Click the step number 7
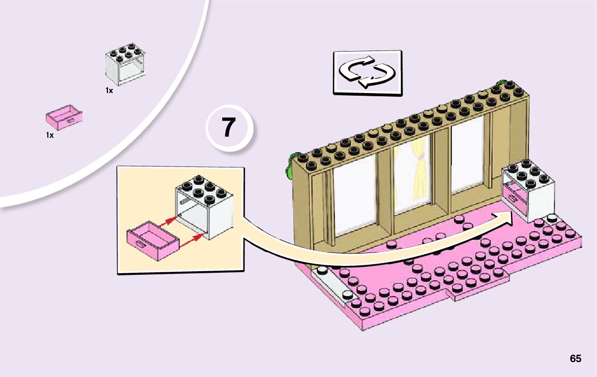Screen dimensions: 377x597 (x=228, y=129)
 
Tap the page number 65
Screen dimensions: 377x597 (x=575, y=358)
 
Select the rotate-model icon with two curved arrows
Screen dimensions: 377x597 (x=367, y=72)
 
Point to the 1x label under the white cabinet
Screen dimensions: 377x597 (x=109, y=90)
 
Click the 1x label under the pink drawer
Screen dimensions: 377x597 (x=49, y=135)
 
